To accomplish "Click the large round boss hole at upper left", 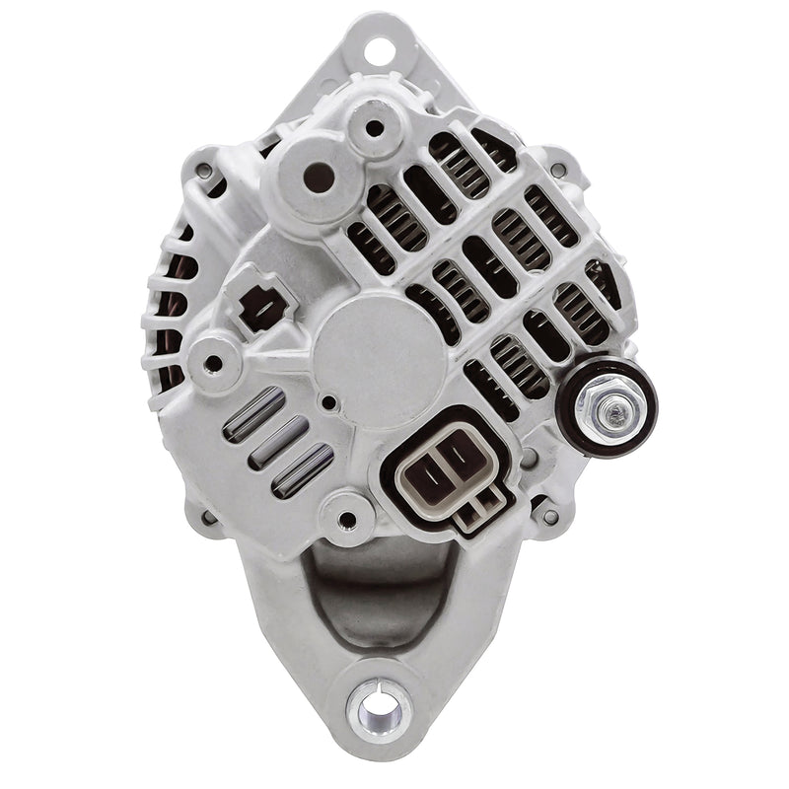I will click(x=316, y=178).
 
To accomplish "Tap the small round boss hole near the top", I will click(x=374, y=126).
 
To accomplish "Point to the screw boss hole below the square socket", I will click(x=213, y=362).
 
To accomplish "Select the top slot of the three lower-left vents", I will click(x=254, y=413).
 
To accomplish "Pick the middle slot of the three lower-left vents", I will click(x=278, y=440).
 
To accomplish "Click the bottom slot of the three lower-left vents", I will click(x=302, y=468).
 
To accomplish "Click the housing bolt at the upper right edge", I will click(x=559, y=169).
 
